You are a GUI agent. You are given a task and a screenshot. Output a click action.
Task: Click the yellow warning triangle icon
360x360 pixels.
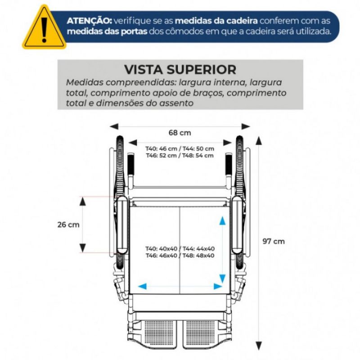[44, 28]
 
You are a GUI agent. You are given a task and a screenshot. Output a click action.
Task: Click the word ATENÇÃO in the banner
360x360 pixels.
[90, 21]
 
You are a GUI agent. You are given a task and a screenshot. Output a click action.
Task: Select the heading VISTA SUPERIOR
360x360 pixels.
[180, 70]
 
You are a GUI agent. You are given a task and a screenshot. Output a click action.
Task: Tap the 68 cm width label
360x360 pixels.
[180, 133]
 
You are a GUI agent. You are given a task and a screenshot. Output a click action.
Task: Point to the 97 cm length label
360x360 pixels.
[274, 241]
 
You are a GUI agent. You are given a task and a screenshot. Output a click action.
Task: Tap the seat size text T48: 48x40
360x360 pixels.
[198, 256]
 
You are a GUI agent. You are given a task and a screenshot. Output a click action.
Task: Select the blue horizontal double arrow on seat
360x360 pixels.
[180, 286]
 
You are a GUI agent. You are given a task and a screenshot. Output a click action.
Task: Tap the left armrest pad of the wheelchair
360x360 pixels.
[123, 225]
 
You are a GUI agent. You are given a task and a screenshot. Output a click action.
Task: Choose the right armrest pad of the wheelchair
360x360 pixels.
[237, 225]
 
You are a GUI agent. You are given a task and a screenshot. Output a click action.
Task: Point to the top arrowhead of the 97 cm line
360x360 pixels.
[259, 140]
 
